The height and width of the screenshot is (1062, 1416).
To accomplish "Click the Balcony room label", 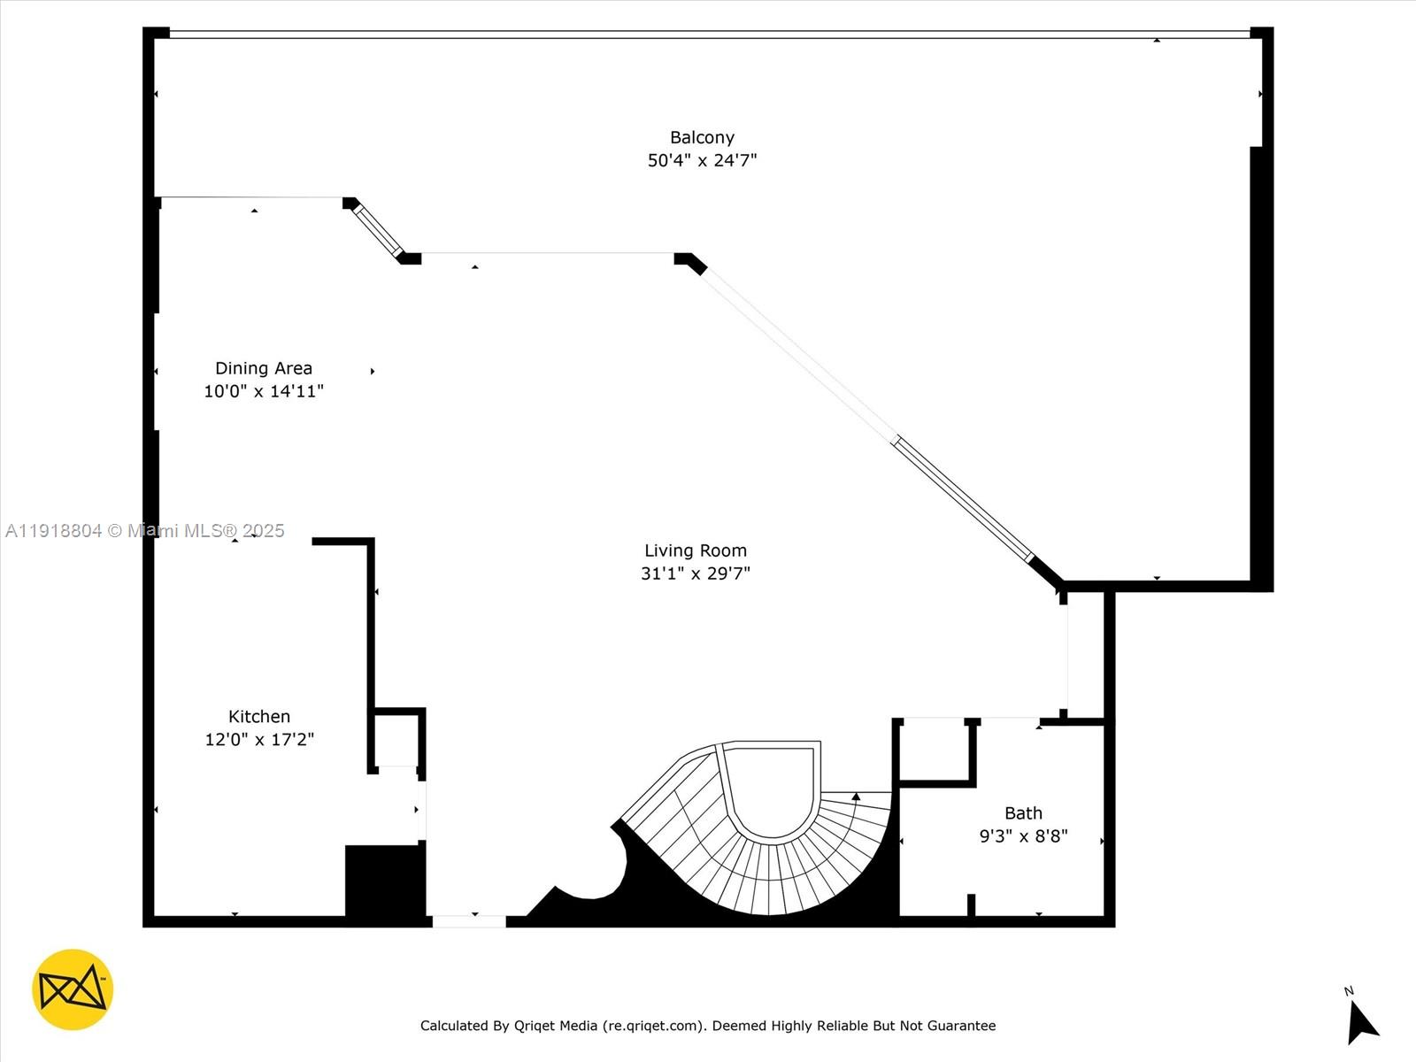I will pos(702,137).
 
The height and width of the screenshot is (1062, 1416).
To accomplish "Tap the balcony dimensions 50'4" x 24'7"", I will pos(702,160).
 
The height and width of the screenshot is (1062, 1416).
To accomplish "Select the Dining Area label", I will pos(264,368).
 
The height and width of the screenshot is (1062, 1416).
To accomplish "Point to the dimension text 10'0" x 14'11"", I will pos(264,391).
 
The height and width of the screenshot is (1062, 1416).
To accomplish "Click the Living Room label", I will pos(696,550).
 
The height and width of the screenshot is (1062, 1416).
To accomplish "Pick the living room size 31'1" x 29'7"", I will pos(696,573).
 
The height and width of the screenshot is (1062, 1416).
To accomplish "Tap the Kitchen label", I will pos(259,717).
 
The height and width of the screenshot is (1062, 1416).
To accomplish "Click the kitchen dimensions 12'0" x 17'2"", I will pos(259,740).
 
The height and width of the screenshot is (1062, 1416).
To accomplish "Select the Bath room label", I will pos(1023,813).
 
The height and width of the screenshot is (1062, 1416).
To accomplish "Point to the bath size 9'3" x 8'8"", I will pos(1023,836).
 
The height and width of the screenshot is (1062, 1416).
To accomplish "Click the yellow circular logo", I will pos(73,989).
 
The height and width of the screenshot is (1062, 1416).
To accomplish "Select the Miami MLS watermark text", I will pos(145,531).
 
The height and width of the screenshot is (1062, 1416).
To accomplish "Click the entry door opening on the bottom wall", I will pos(469,921).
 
